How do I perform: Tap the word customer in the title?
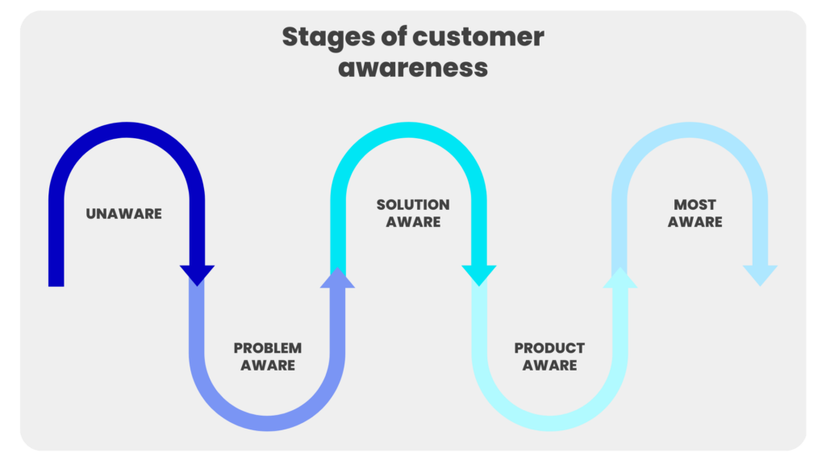[x=478, y=37]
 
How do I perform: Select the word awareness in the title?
[x=413, y=68]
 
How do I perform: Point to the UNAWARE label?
[x=123, y=213]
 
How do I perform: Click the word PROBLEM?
[x=268, y=348]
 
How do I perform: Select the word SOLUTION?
[x=413, y=204]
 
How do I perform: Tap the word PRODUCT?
[x=549, y=348]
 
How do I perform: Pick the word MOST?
[x=695, y=204]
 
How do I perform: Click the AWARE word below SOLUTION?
[x=413, y=222]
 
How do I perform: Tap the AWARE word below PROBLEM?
[x=268, y=366]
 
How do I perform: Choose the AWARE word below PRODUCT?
[x=549, y=366]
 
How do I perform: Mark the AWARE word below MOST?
[x=695, y=222]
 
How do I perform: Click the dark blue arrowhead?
[x=197, y=274]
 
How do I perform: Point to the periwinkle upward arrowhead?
[x=338, y=279]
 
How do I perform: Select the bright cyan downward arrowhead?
[x=479, y=274]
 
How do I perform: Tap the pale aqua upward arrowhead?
[x=620, y=279]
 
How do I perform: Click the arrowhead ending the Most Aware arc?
[x=760, y=274]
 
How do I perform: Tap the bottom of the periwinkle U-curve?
[x=267, y=423]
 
